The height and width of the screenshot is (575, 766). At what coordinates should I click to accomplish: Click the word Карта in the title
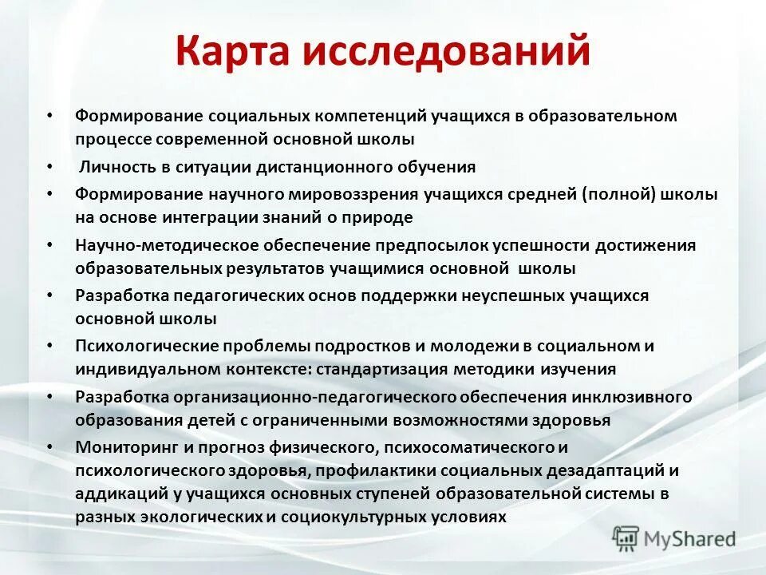(233, 52)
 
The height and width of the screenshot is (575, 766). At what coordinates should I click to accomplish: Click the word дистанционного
(330, 168)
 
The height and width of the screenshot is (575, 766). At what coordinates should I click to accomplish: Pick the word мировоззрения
(353, 194)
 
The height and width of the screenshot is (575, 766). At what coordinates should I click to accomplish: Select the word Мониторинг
(120, 447)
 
